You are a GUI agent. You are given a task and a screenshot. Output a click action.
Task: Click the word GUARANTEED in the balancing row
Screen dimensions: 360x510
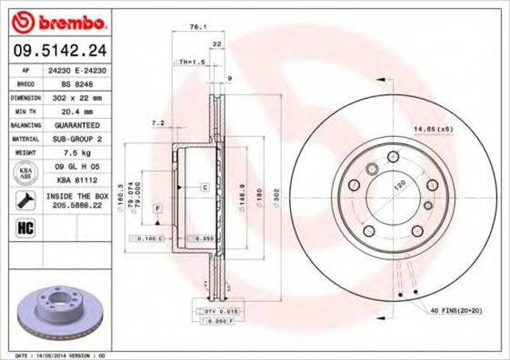coord(78,126)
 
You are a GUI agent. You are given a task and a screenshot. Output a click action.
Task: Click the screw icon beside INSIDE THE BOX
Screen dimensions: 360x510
coord(24,199)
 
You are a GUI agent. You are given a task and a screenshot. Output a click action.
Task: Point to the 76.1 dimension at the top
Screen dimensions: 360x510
coord(194,28)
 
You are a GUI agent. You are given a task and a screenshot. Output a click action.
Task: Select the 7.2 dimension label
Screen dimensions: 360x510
coord(158,123)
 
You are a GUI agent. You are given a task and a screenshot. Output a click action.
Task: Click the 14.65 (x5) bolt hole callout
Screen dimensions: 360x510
coord(433,128)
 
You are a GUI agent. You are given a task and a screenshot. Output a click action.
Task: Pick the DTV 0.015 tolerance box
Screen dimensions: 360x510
coord(217,310)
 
